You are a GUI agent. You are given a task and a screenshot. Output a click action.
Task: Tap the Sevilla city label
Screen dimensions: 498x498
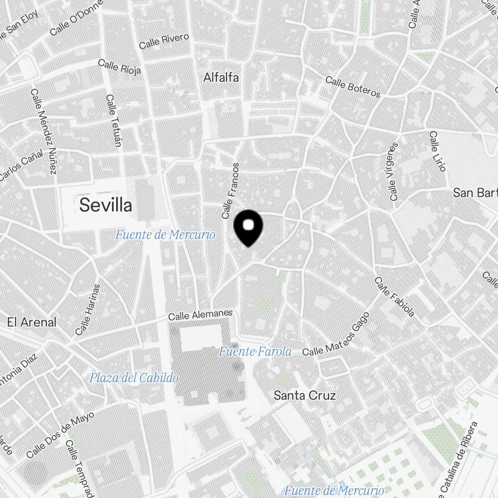pos(106,205)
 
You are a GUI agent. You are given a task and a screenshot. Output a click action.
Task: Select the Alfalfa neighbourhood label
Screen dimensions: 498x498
pos(221,78)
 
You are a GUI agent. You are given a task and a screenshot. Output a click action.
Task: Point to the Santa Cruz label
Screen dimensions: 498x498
pos(305,396)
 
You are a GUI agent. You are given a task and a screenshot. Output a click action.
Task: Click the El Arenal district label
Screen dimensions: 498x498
pos(32,322)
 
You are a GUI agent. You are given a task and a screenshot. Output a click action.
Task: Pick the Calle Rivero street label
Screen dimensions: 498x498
pos(164,41)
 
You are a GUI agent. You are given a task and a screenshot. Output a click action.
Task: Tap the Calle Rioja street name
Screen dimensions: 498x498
pos(120,66)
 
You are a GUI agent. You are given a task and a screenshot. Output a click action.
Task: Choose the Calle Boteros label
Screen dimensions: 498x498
pos(353,87)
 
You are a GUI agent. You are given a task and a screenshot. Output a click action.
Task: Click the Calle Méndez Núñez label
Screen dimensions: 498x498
pos(43,132)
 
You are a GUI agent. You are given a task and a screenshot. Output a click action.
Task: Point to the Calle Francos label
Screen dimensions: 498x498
pos(231,191)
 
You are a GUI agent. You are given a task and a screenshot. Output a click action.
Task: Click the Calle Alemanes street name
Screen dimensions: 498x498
pos(200,315)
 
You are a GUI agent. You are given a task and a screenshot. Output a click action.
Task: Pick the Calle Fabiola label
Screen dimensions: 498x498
pos(394,297)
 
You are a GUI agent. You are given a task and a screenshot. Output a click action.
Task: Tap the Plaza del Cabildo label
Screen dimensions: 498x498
pos(134,378)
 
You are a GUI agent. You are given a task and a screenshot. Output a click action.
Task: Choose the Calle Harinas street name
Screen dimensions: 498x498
pos(88,310)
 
